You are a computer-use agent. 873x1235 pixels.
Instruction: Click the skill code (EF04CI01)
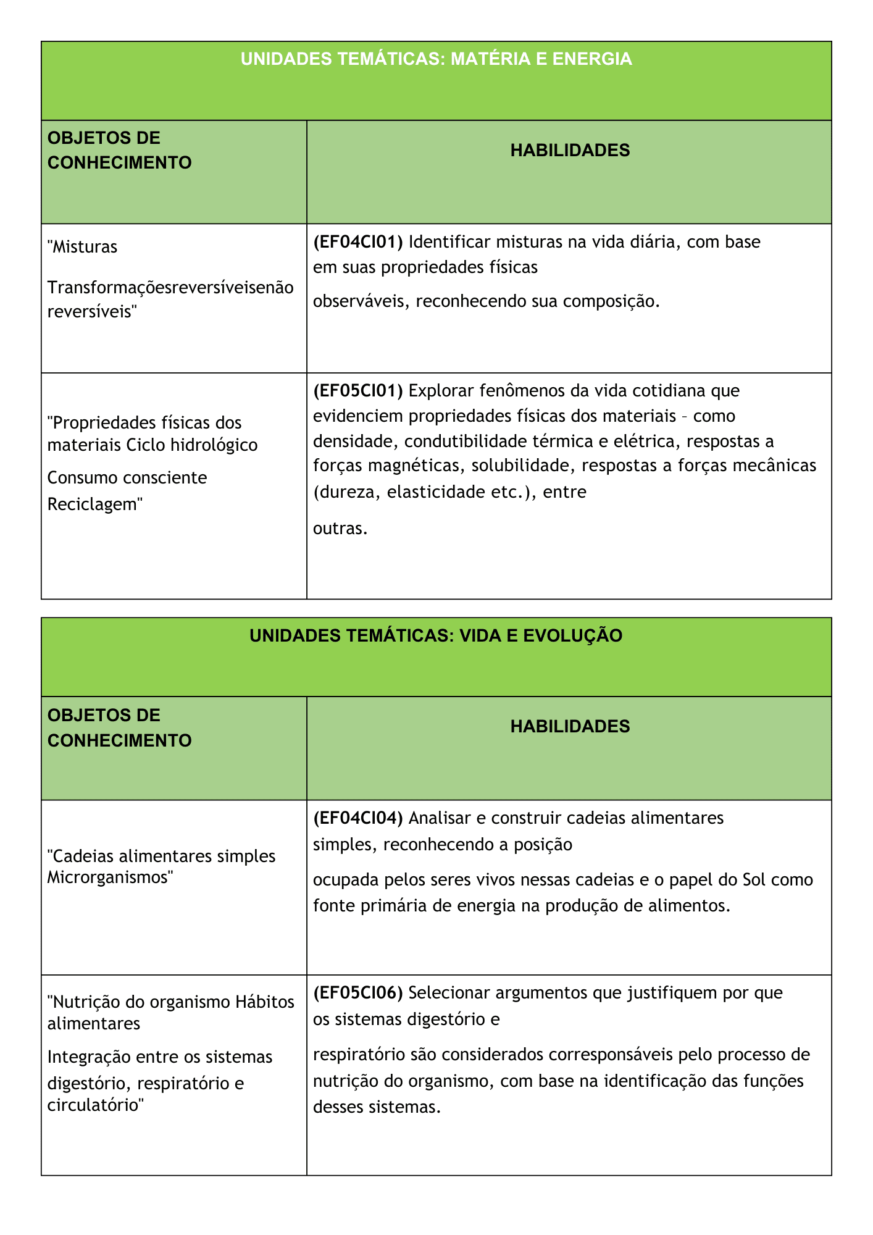coord(358,241)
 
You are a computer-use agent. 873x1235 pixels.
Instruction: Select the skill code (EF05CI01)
coord(358,391)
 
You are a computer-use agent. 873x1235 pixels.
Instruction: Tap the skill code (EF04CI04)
coord(358,818)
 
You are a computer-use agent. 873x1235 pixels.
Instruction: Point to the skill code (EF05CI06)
coord(358,993)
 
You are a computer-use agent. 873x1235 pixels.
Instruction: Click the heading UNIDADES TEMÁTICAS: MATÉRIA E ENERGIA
coord(436,59)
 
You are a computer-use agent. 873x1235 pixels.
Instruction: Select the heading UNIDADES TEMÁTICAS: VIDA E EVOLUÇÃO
coord(436,635)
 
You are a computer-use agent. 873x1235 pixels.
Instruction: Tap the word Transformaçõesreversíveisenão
coord(170,288)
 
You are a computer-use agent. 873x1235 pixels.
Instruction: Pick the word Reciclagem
coord(94,504)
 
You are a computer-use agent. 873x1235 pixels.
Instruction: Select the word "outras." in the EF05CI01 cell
coord(340,529)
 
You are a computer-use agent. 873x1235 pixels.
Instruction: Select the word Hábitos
coord(265,1002)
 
